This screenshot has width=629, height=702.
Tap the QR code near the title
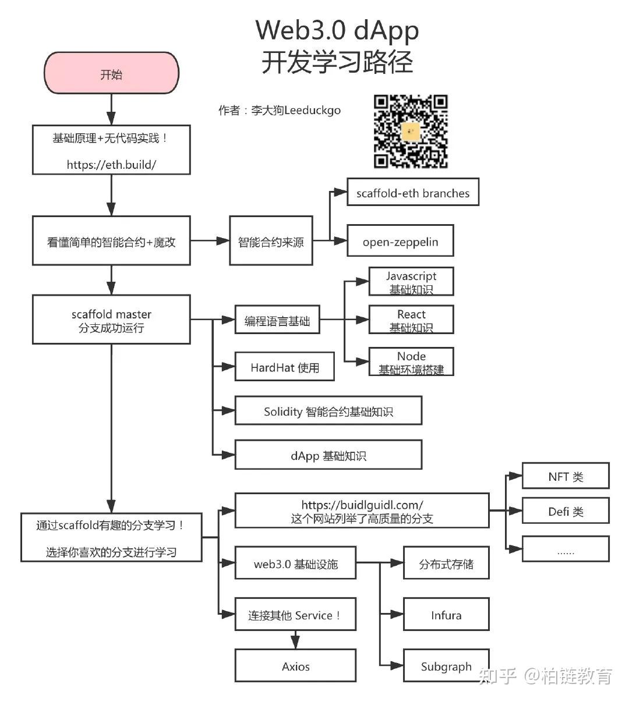pyautogui.click(x=411, y=132)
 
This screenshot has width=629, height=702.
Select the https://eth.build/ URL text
pyautogui.click(x=111, y=164)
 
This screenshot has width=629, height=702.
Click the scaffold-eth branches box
pyautogui.click(x=412, y=193)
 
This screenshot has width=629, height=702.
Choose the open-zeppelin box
pyautogui.click(x=400, y=242)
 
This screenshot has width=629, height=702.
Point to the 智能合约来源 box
pyautogui.click(x=271, y=241)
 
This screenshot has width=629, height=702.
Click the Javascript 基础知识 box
pyautogui.click(x=411, y=282)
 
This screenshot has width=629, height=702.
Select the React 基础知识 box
pyautogui.click(x=411, y=320)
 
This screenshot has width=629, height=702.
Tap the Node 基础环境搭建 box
pyautogui.click(x=411, y=362)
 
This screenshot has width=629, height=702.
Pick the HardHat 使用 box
pyautogui.click(x=284, y=367)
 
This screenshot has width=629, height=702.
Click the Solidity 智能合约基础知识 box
pyautogui.click(x=328, y=412)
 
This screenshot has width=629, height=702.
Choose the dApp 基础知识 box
pyautogui.click(x=328, y=455)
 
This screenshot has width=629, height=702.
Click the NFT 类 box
pyautogui.click(x=566, y=476)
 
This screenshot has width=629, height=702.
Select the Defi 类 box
pyautogui.click(x=566, y=511)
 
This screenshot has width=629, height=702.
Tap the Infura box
pyautogui.click(x=446, y=615)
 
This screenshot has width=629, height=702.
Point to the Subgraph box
pyautogui.click(x=446, y=666)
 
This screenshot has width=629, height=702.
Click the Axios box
pyautogui.click(x=295, y=666)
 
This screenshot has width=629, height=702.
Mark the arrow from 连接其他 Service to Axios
pyautogui.click(x=295, y=640)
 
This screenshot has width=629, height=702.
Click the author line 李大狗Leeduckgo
pyautogui.click(x=280, y=110)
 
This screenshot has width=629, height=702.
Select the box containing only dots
pyautogui.click(x=566, y=549)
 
